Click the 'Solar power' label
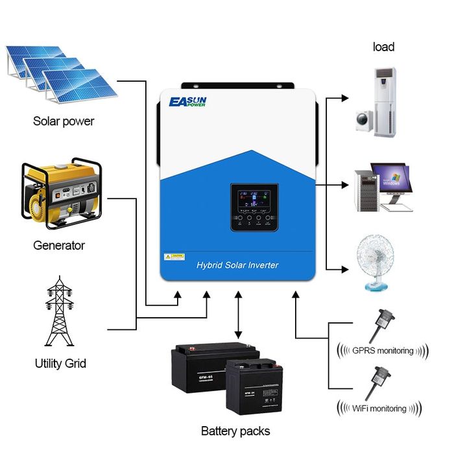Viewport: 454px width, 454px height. click(64, 121)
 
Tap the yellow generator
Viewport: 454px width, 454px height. click(62, 191)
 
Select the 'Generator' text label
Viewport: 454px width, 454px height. click(59, 246)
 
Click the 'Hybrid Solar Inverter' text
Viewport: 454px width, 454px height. click(237, 265)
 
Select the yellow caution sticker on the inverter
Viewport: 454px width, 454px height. click(174, 257)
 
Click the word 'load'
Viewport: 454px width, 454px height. click(383, 47)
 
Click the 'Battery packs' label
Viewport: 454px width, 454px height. click(235, 431)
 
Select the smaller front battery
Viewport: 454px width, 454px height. click(255, 390)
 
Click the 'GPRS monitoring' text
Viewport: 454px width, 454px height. click(383, 351)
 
